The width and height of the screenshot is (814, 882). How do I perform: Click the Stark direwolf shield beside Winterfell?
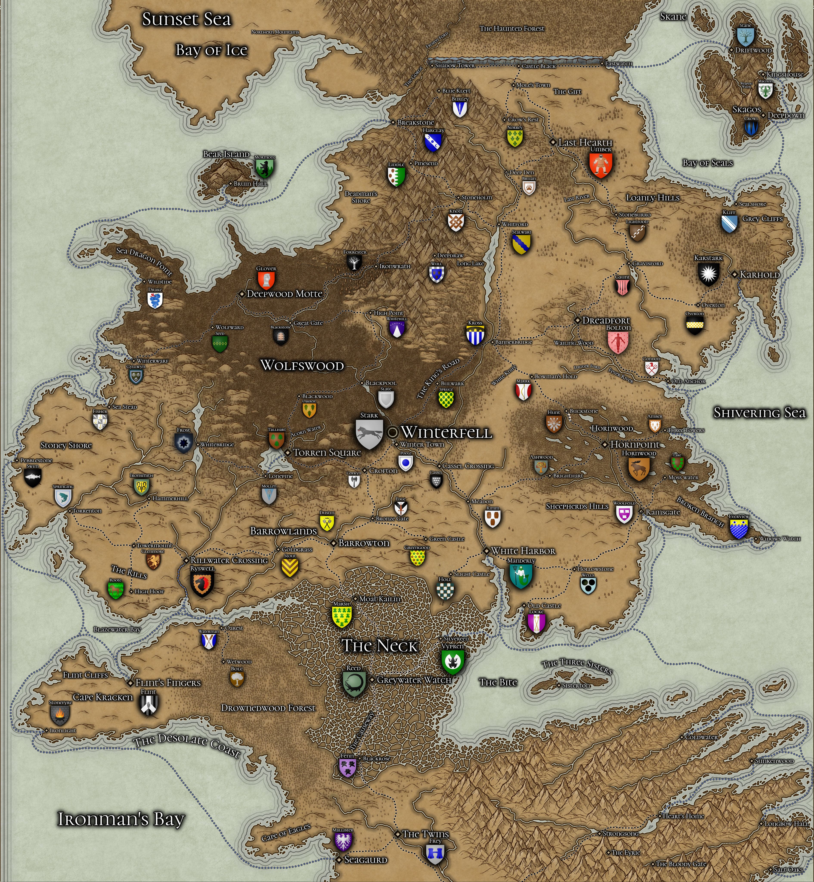369,434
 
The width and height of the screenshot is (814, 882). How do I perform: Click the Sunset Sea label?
186,19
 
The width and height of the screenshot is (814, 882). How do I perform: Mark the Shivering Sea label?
759,413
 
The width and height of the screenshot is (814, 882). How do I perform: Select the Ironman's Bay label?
121,819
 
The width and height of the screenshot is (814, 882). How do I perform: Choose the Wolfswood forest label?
302,365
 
